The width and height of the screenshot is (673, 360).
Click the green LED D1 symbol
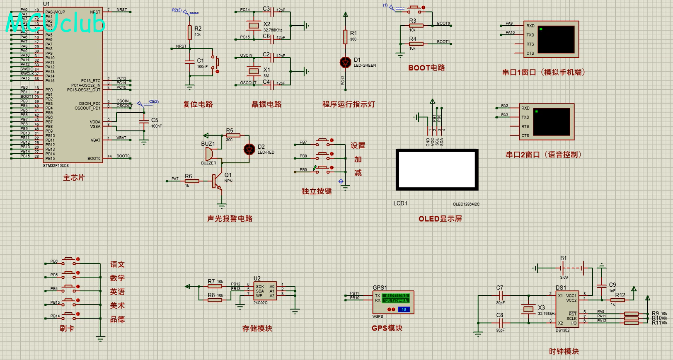point(345,62)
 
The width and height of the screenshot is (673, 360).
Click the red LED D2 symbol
point(249,149)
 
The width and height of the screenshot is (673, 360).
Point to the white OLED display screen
point(437,169)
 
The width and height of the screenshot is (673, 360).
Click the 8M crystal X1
point(253,71)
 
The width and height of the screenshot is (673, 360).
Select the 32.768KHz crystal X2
point(253,26)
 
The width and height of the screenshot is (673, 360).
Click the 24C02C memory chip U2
point(265,291)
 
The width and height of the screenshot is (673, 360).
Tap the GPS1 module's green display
point(395,298)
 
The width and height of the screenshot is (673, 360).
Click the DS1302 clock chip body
point(567,309)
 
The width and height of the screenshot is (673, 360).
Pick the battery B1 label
point(563,258)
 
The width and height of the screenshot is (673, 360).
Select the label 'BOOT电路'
point(426,68)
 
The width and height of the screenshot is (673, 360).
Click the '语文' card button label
point(117,264)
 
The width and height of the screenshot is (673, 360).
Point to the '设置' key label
point(358,145)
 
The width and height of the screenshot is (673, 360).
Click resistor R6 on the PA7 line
point(191,181)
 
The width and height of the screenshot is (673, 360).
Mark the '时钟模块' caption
point(564,351)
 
